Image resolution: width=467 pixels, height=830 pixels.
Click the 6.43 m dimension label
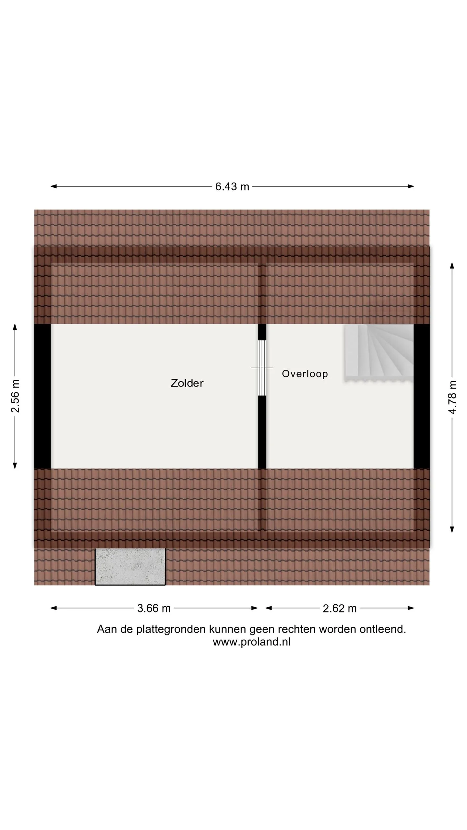click(232, 186)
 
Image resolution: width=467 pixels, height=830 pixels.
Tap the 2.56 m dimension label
click(15, 396)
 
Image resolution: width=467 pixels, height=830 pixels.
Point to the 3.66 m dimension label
click(154, 608)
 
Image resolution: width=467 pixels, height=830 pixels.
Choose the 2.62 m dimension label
click(340, 608)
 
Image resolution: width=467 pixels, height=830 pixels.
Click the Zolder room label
click(187, 383)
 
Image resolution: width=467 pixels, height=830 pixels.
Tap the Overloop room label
click(305, 374)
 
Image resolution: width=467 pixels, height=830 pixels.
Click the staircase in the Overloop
click(379, 352)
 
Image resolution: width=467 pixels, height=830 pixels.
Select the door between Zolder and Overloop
click(262, 368)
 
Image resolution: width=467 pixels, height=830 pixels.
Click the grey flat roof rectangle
click(130, 567)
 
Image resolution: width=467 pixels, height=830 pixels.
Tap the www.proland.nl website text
click(252, 642)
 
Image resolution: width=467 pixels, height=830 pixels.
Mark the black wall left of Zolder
click(42, 396)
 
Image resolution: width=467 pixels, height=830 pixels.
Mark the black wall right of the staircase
click(422, 396)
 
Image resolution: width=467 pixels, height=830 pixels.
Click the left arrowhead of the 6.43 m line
click(54, 186)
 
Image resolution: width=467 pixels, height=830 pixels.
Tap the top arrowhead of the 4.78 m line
click(452, 266)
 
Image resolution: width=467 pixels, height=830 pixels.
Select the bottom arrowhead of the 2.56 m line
click(15, 466)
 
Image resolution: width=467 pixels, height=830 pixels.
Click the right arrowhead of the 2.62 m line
click(411, 608)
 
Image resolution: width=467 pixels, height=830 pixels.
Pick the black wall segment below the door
click(262, 432)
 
